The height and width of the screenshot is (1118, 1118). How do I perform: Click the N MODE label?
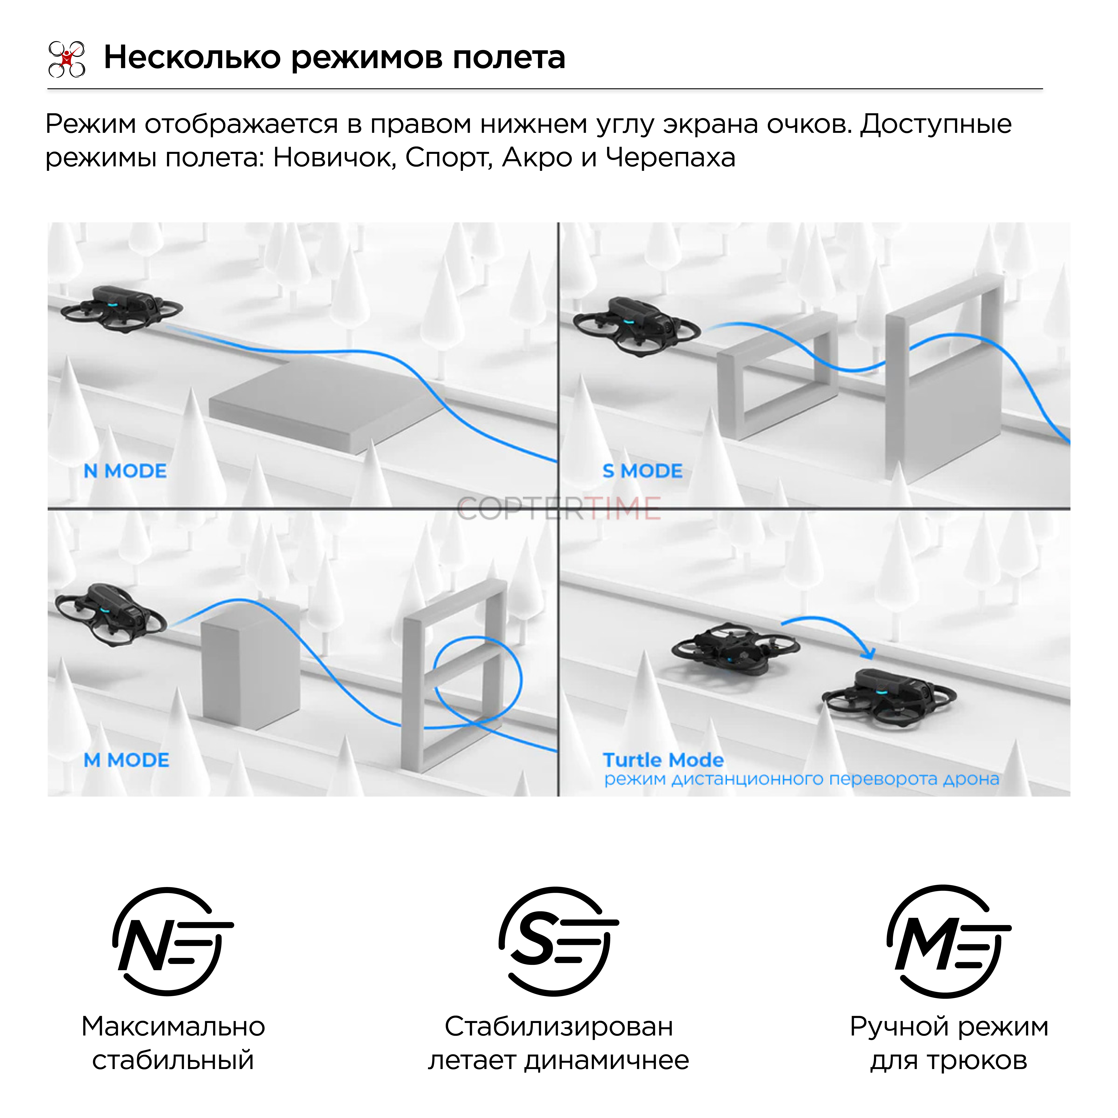(125, 471)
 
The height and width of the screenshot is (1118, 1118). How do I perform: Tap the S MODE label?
(642, 471)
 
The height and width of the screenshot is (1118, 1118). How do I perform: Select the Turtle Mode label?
(663, 760)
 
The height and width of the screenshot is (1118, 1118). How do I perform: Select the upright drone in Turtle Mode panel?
(888, 697)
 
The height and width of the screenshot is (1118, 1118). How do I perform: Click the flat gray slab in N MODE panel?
(324, 402)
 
